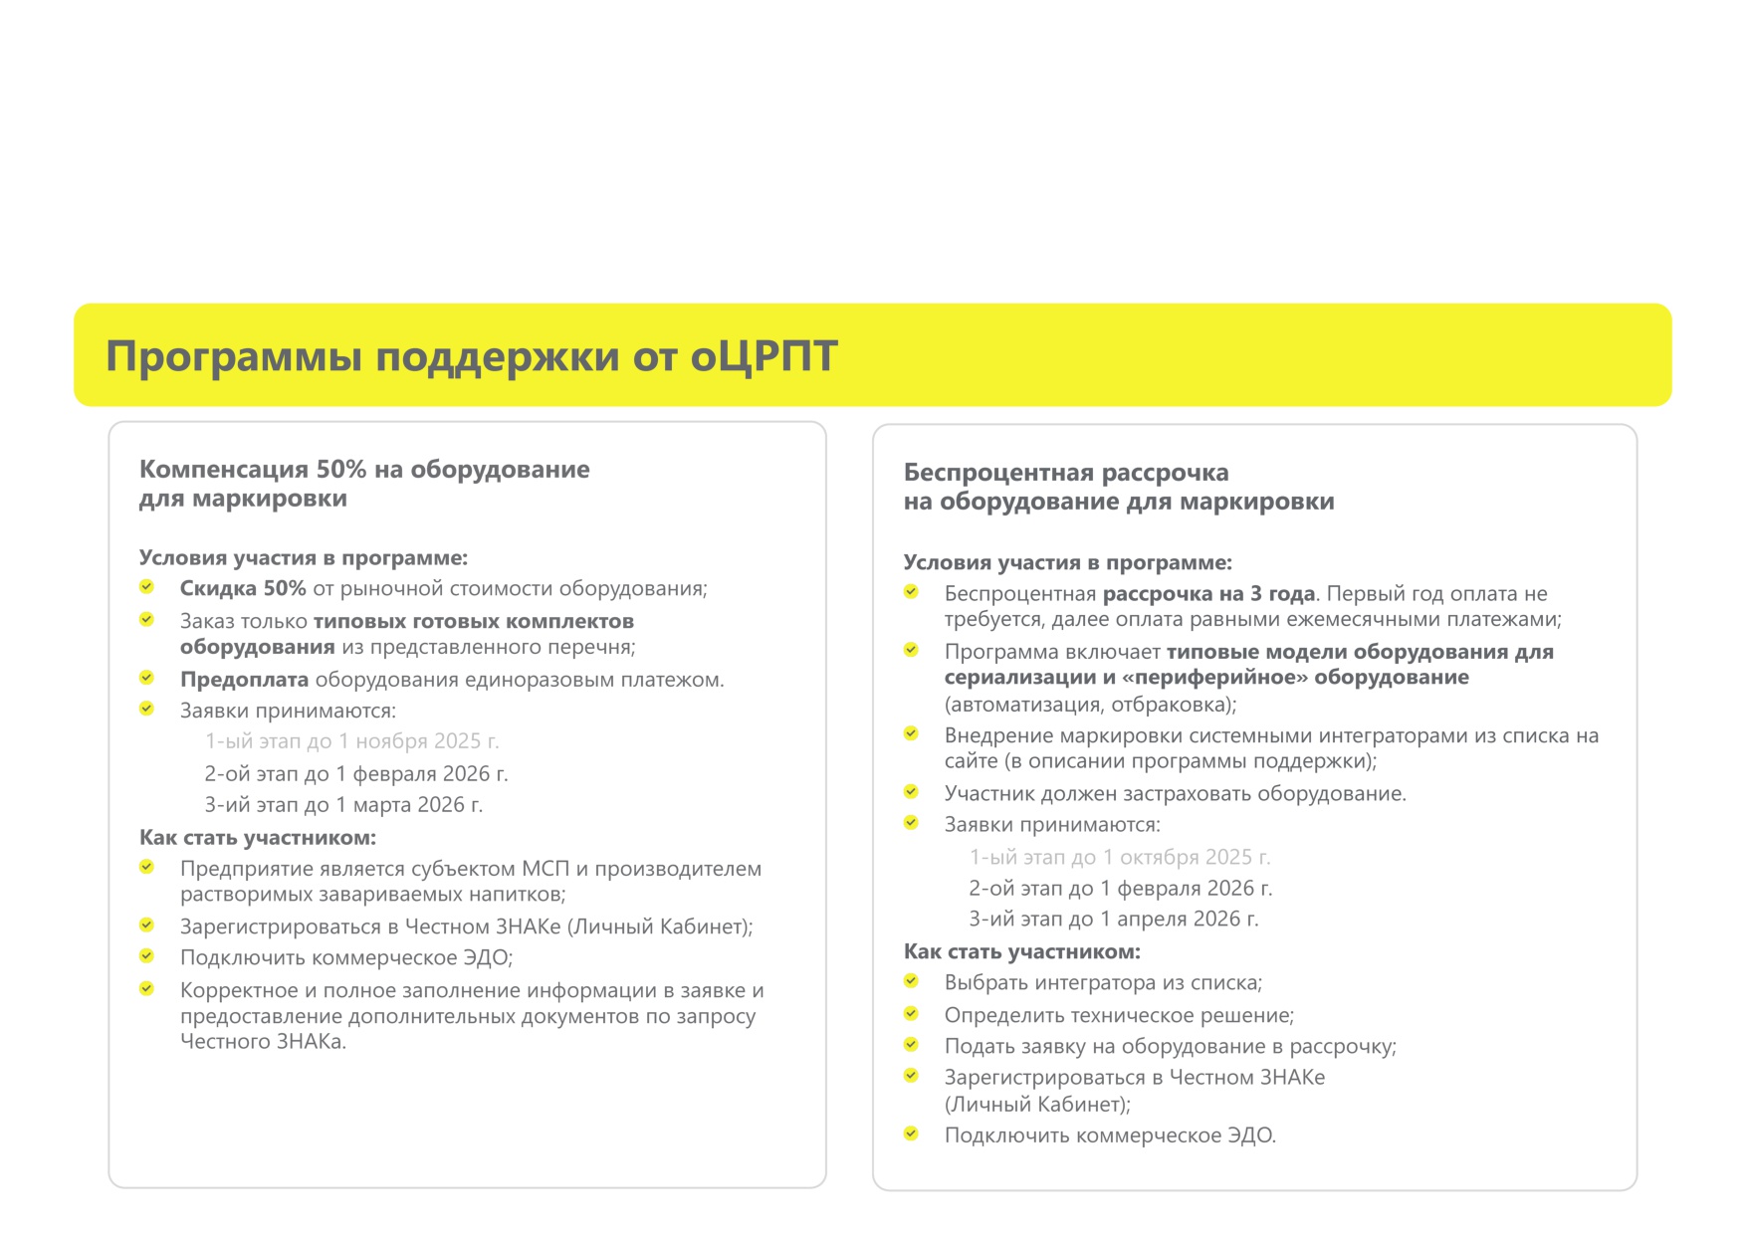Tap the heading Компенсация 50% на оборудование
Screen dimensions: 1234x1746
[364, 469]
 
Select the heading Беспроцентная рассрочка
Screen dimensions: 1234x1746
[1066, 472]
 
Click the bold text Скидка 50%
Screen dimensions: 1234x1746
[243, 588]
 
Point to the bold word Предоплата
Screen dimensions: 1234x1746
[244, 680]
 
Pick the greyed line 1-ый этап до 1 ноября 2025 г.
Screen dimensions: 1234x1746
[351, 741]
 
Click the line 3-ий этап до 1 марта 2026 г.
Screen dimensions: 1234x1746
[343, 804]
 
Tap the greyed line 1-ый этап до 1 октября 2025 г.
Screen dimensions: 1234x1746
[1120, 857]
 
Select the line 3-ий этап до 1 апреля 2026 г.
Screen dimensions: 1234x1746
[1114, 919]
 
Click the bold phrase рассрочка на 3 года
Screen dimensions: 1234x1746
[1208, 594]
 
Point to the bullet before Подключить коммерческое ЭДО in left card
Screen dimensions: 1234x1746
[146, 956]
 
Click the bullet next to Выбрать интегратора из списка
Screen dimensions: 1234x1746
[911, 981]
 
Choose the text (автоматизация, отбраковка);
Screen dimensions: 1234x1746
[1090, 705]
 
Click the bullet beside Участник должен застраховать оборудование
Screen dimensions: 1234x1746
[911, 792]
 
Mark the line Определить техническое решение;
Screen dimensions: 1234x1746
[1119, 1015]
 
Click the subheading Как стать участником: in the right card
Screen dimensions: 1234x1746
[1021, 951]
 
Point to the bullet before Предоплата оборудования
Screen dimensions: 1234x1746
[146, 678]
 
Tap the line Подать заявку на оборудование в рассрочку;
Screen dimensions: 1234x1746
[1170, 1046]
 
